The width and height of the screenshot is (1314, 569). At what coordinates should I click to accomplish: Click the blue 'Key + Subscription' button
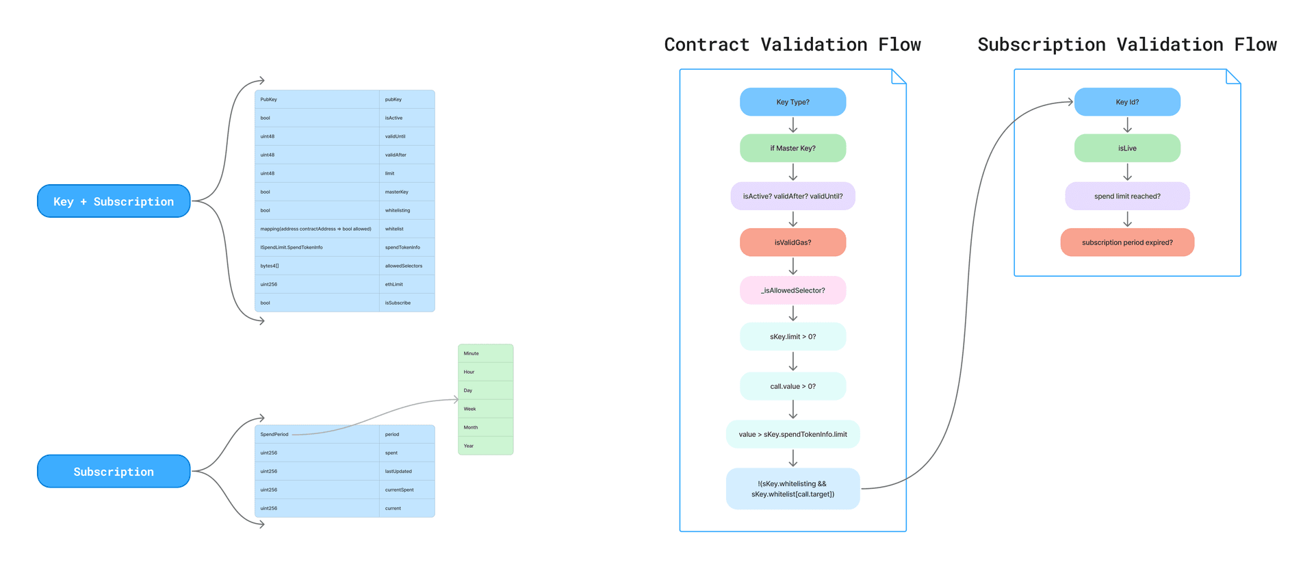(114, 201)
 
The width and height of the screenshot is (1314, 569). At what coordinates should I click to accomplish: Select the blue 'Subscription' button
(114, 471)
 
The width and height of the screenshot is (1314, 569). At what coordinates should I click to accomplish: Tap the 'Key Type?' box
(793, 102)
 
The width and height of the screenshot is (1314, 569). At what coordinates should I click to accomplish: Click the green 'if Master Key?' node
(793, 148)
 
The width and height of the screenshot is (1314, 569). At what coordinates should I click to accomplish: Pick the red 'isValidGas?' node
(793, 242)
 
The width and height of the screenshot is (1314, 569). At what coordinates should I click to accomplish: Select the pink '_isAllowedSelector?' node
(793, 290)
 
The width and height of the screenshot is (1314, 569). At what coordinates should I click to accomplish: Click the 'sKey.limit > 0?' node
(793, 337)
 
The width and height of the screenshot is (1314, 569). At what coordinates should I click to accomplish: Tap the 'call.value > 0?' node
(793, 386)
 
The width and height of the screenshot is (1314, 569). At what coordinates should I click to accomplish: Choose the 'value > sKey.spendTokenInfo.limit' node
(793, 434)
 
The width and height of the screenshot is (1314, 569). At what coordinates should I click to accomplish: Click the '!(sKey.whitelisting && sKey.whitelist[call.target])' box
(793, 489)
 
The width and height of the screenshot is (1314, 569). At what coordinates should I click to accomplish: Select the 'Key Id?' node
(1126, 102)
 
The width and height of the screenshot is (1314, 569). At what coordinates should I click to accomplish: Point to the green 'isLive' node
(1126, 148)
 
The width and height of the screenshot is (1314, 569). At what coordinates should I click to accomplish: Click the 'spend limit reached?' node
(1126, 196)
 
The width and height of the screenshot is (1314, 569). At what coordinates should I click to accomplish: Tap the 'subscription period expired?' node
(1126, 242)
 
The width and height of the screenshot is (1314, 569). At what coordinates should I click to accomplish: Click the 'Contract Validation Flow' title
(793, 45)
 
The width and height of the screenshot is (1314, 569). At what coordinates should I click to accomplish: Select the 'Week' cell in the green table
(485, 409)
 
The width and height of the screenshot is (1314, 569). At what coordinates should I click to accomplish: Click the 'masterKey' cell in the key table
(407, 192)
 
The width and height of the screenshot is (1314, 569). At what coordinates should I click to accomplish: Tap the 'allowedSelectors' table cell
(407, 266)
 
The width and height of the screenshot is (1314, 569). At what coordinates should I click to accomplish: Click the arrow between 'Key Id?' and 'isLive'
(1127, 125)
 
